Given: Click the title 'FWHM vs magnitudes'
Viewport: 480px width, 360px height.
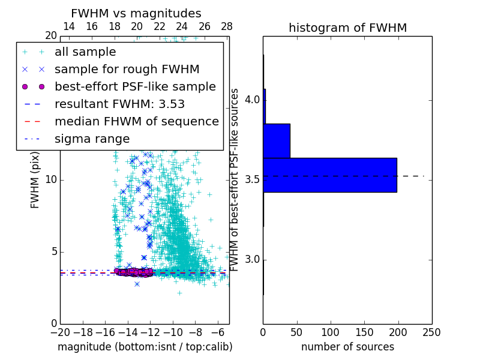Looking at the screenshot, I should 136,13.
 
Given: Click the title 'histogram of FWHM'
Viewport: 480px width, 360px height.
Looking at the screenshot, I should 347,28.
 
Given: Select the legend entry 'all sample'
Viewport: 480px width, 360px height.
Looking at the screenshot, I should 85,52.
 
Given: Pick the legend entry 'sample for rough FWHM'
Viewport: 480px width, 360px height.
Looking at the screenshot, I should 127,70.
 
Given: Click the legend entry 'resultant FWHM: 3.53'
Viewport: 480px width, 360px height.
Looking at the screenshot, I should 119,104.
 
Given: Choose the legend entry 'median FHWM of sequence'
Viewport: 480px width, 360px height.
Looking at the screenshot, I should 136,121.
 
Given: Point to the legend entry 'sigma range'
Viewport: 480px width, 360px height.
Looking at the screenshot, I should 92,139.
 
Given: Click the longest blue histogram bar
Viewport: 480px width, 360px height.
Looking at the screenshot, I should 330,175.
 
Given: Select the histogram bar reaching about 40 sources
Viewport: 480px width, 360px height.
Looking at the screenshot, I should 277,140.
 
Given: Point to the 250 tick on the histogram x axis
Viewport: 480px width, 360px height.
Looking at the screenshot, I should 432,332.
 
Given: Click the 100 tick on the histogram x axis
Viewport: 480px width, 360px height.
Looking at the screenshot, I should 331,332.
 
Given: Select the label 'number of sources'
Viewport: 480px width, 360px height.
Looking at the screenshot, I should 347,347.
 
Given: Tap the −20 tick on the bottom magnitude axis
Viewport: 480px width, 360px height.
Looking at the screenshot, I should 60,332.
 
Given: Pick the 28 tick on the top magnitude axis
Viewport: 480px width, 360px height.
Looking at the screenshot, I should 227,26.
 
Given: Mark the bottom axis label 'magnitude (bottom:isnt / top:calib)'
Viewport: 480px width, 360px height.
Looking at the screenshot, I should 145,347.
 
